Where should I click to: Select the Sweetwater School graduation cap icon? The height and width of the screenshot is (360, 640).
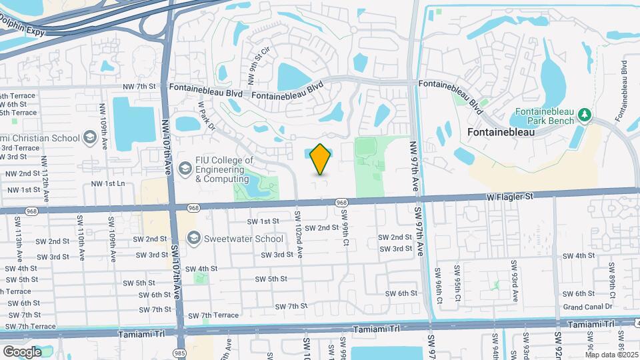click(x=194, y=238)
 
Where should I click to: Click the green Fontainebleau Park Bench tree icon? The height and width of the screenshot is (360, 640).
click(x=585, y=115)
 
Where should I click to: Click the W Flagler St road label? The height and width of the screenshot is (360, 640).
click(x=511, y=197)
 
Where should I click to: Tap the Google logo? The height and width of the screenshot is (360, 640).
click(x=22, y=351)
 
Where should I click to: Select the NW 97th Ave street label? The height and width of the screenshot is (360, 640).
click(x=414, y=167)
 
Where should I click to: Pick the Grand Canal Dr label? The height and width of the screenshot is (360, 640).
click(x=587, y=307)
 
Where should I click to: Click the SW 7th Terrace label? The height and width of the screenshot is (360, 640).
click(x=213, y=315)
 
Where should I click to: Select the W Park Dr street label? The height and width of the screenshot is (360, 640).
click(x=207, y=116)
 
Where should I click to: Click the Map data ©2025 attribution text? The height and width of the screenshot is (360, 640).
click(x=610, y=355)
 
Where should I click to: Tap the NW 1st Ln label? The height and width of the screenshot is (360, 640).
click(x=108, y=183)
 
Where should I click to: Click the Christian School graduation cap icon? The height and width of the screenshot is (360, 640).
click(x=89, y=137)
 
